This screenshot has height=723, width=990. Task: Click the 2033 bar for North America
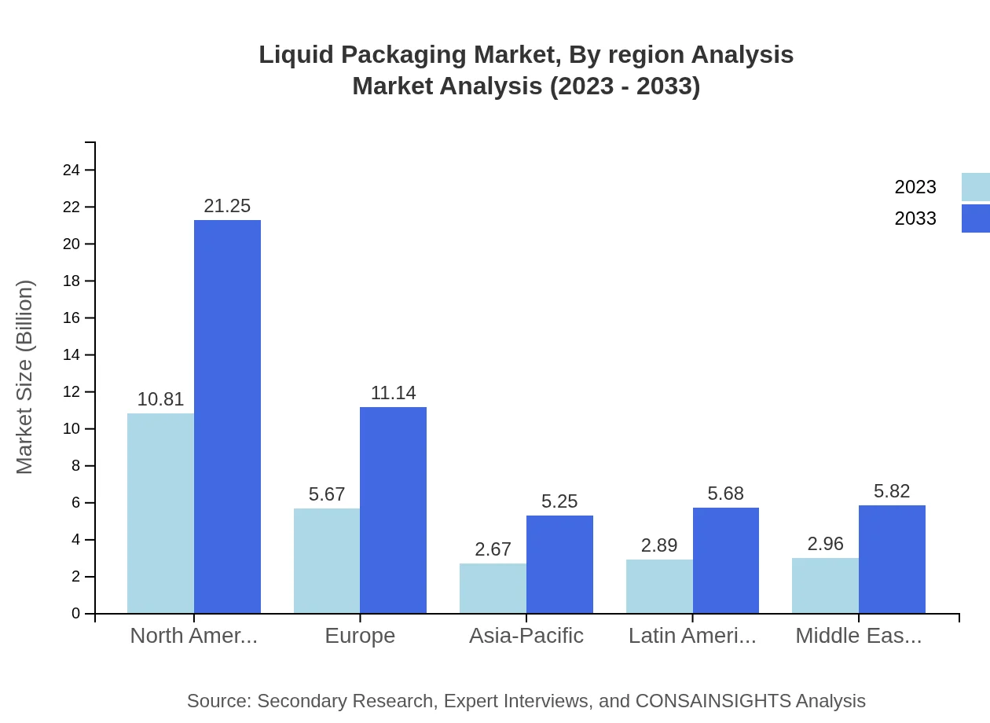pyautogui.click(x=227, y=417)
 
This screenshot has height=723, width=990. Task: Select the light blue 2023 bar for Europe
pyautogui.click(x=327, y=560)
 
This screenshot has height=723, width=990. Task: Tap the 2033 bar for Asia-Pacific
pyautogui.click(x=559, y=564)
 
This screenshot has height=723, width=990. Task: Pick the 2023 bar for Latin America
pyautogui.click(x=659, y=586)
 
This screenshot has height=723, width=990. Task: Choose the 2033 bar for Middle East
pyautogui.click(x=892, y=559)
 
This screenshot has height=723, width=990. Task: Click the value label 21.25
pyautogui.click(x=227, y=206)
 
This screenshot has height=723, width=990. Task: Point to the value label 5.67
pyautogui.click(x=327, y=494)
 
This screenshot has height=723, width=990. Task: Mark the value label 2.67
pyautogui.click(x=493, y=549)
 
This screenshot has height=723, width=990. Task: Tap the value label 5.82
pyautogui.click(x=892, y=491)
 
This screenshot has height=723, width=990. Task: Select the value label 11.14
pyautogui.click(x=394, y=393)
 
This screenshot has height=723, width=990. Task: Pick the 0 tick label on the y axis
pyautogui.click(x=76, y=613)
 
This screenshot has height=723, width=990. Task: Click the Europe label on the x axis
pyautogui.click(x=360, y=635)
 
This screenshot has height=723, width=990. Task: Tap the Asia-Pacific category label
pyautogui.click(x=526, y=635)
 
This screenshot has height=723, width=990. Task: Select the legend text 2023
pyautogui.click(x=915, y=187)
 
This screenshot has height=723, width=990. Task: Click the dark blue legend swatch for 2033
pyautogui.click(x=975, y=218)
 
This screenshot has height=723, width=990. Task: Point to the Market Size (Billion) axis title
pyautogui.click(x=25, y=377)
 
